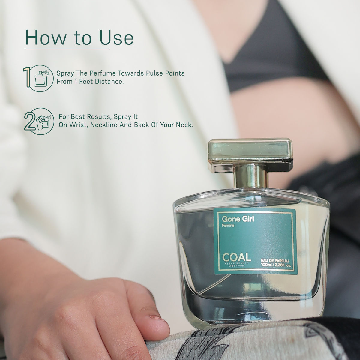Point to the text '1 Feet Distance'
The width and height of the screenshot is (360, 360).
click(x=99, y=82)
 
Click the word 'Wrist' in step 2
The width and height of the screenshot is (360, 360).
click(x=78, y=125)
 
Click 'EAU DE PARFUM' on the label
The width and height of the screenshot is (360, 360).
click(x=275, y=262)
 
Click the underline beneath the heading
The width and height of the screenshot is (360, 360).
click(x=67, y=49)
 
